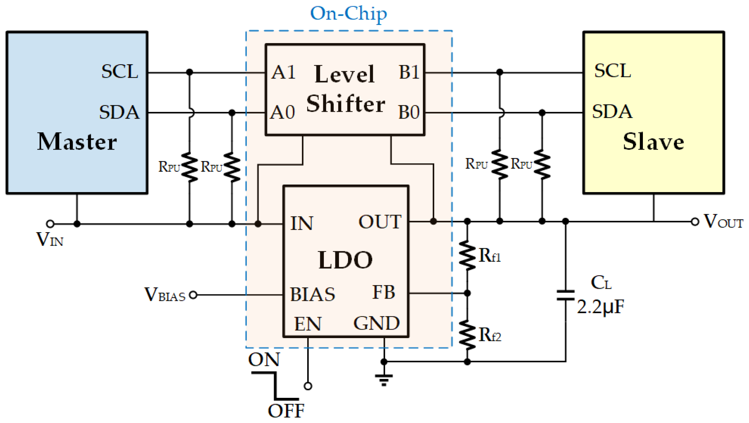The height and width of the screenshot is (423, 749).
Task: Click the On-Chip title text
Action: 348,14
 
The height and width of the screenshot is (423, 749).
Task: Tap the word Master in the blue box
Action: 77,142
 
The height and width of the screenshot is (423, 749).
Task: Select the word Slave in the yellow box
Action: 653,142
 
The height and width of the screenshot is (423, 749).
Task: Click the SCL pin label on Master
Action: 120,71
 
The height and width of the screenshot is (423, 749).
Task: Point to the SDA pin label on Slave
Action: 612,112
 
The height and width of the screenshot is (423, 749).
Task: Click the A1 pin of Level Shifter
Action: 283,72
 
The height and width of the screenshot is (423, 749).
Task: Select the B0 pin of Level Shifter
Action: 409,112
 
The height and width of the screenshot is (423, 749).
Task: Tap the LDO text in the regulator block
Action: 345,260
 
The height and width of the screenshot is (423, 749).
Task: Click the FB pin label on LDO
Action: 384,292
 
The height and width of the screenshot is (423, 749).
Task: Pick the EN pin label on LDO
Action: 308,324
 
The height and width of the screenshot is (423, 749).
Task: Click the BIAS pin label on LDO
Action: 312,294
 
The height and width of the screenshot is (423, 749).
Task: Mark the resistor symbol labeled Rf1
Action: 467,256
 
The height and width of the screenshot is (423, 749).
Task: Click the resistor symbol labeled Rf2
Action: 467,336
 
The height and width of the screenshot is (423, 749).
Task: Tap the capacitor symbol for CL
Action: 566,295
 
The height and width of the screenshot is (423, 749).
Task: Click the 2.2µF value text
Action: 600,307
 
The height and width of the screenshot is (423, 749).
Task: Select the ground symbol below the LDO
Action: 384,379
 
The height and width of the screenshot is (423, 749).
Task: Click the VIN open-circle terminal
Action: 50,224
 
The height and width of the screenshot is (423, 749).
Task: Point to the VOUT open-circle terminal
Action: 695,222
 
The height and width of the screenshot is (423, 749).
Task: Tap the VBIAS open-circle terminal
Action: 193,295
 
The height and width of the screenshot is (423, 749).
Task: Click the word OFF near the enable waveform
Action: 286,411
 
